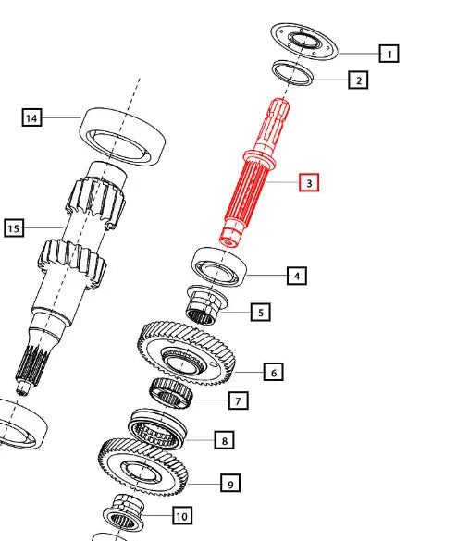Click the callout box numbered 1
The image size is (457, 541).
[x=389, y=54]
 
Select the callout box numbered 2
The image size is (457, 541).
[x=358, y=80]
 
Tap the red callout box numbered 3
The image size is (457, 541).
[x=309, y=182]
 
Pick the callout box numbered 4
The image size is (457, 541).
[x=297, y=276]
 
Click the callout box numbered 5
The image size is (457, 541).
[x=261, y=313]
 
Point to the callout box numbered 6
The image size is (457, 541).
[x=274, y=372]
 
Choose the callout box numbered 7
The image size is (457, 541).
[x=238, y=400]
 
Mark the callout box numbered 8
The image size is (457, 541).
[x=225, y=440]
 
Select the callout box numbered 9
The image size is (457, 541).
[x=230, y=483]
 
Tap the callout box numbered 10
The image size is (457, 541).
[x=182, y=515]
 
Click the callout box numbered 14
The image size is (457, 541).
[x=31, y=117]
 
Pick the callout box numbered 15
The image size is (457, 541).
[x=14, y=227]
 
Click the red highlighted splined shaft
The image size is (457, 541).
[x=254, y=173]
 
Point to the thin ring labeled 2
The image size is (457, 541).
[x=310, y=77]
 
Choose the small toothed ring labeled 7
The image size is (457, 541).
[x=170, y=393]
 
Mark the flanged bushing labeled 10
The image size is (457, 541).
[x=124, y=514]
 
